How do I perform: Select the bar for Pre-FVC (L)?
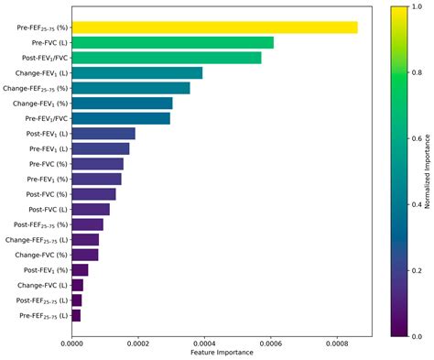172,42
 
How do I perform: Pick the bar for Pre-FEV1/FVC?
120,118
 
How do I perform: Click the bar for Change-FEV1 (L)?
136,72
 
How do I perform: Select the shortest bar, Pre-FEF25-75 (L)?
76,315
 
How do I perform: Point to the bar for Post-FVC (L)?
90,209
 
